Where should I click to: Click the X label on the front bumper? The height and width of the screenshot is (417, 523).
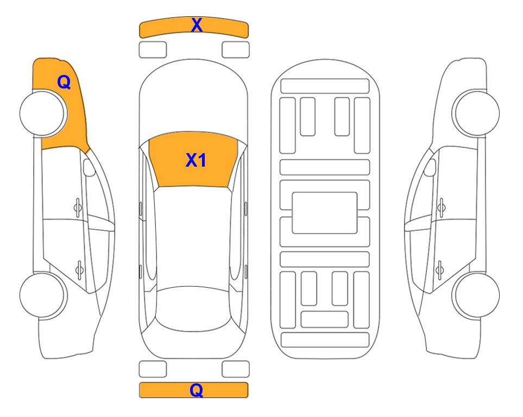(197, 25)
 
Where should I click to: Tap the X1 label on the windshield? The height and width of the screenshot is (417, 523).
(196, 160)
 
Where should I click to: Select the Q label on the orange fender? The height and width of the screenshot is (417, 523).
(64, 82)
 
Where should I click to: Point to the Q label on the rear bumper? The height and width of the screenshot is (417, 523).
(197, 390)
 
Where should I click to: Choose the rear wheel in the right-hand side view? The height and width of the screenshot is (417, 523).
(476, 295)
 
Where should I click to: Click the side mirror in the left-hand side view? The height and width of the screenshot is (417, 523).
(89, 167)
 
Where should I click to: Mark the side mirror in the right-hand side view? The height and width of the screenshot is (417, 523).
(430, 167)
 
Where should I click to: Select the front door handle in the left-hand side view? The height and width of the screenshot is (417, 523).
(78, 208)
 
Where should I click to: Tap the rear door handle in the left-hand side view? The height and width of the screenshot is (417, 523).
(79, 269)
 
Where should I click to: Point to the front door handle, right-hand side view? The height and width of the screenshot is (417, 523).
(442, 208)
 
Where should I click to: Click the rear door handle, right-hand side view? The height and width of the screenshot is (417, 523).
(439, 269)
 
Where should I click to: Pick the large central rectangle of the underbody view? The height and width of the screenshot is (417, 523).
(325, 213)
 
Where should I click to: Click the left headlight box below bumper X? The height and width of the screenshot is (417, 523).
(153, 50)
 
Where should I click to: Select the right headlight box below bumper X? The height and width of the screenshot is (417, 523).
(236, 50)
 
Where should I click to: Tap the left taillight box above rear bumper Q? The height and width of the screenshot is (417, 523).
(153, 369)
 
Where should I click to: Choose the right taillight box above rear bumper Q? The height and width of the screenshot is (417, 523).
(236, 369)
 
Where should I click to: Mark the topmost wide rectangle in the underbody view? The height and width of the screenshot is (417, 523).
(325, 86)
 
